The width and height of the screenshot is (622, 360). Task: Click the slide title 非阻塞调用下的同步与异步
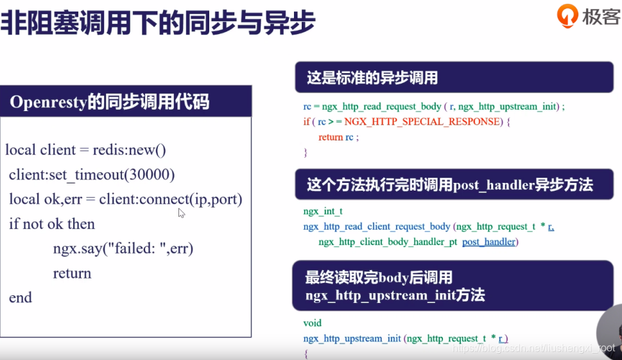point(157,24)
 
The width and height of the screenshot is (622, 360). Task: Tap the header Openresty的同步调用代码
point(110,102)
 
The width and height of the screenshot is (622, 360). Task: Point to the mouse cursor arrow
point(181,212)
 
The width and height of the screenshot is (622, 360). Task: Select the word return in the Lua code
point(72,273)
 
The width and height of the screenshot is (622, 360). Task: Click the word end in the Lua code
point(21,298)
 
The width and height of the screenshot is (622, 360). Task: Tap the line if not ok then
point(52,224)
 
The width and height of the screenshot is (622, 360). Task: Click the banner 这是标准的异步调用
point(372,78)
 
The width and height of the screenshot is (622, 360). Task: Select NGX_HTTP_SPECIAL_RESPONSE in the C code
point(422,121)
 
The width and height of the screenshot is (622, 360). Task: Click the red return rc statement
point(338,137)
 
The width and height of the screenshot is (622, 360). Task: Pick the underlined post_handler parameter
point(488,242)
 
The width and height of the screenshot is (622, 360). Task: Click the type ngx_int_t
point(323,211)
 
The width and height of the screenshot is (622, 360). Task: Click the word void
point(313,323)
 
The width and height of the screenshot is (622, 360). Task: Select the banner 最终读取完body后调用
point(379,278)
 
